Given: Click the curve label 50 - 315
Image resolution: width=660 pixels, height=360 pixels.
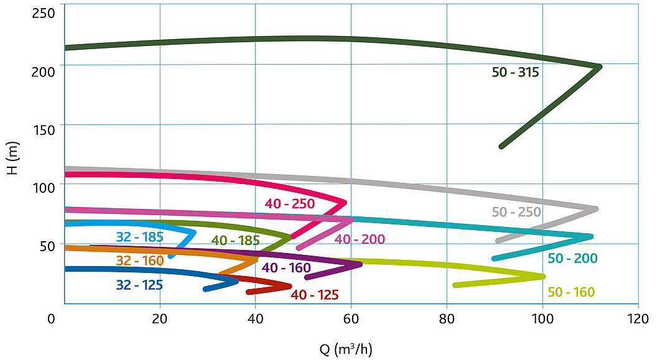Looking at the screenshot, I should [x=515, y=72].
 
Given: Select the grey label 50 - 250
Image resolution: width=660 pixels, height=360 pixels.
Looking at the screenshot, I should [x=516, y=212].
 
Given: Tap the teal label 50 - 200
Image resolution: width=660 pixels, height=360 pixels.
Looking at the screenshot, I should [x=572, y=258].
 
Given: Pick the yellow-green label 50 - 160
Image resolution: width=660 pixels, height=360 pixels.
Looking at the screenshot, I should [x=571, y=292].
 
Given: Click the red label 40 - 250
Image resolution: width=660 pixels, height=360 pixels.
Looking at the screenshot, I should [x=289, y=203].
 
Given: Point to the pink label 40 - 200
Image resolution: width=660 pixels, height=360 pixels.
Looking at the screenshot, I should [x=360, y=239].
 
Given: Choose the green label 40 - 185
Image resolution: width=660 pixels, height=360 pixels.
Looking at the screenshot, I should [x=235, y=241].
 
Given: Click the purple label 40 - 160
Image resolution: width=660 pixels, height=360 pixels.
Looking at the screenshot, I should [x=286, y=267].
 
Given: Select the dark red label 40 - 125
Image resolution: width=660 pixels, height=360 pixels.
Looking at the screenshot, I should [x=315, y=295].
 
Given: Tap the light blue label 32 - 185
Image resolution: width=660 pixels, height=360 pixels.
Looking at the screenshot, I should [x=140, y=236].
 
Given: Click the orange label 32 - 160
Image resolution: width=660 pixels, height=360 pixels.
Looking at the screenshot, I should [x=140, y=261].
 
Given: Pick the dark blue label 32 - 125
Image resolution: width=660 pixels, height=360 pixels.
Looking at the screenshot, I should [x=139, y=285].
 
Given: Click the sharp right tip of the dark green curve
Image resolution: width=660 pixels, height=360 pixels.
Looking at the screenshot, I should [x=600, y=67].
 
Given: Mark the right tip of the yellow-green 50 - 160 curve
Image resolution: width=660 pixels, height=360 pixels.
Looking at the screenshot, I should [x=544, y=276].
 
